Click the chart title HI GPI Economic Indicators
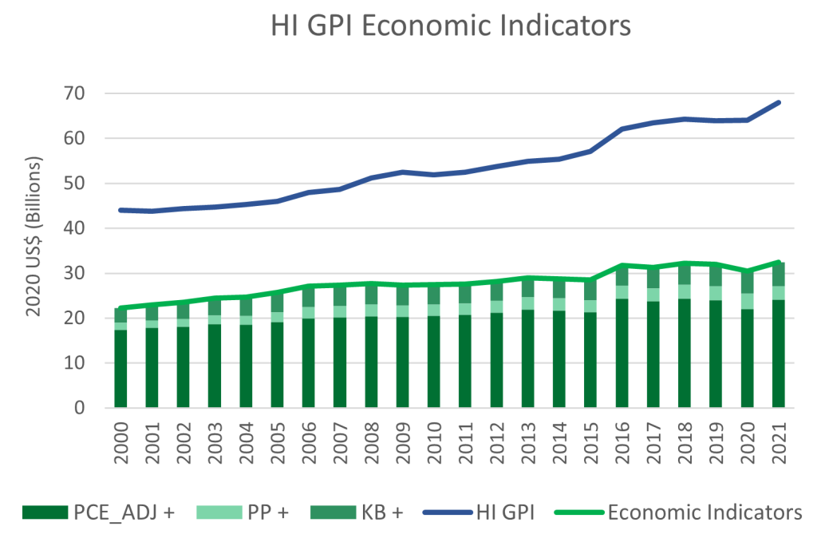click(x=451, y=26)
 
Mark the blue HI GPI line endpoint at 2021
click(x=778, y=102)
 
